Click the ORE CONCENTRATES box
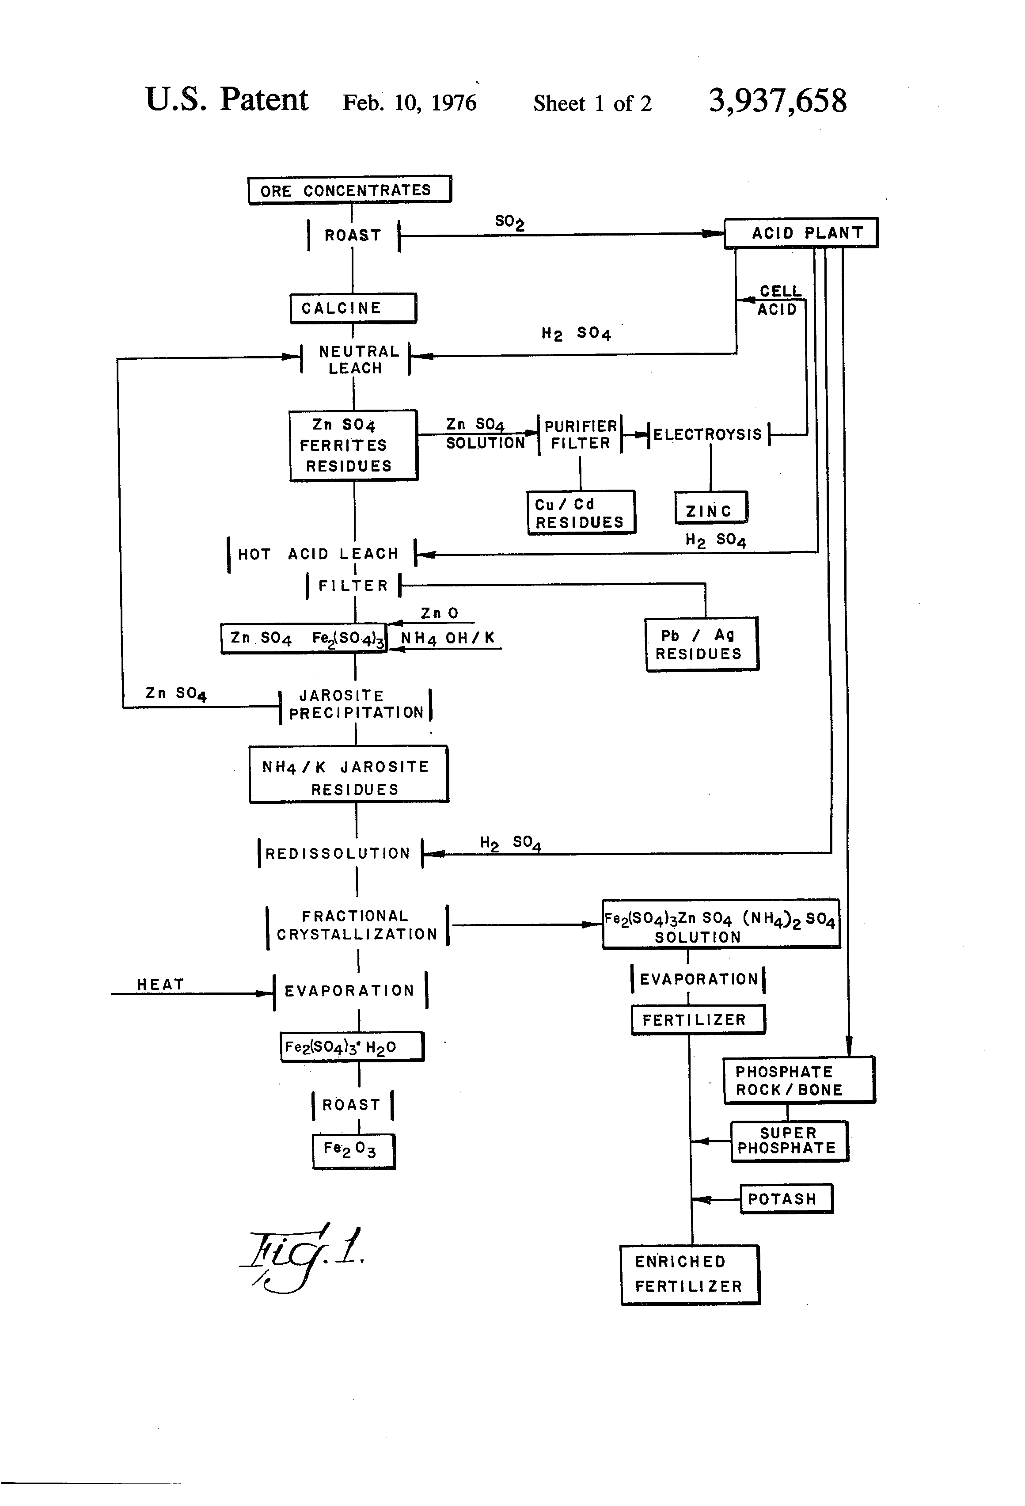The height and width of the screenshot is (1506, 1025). tap(349, 190)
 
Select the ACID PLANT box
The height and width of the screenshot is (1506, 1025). tap(801, 232)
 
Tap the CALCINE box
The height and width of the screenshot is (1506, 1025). tap(353, 308)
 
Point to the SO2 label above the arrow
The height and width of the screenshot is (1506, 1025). tap(509, 222)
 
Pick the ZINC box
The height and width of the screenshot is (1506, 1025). tap(711, 509)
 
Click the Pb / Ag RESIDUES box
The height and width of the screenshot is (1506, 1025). tap(701, 644)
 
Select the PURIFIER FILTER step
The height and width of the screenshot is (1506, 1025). tap(580, 434)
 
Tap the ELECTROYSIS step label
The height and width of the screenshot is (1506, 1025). tap(707, 434)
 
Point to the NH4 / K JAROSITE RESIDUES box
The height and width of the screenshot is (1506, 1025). tap(349, 775)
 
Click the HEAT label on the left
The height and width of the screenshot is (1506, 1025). tap(160, 985)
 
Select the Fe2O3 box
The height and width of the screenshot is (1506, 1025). tap(353, 1151)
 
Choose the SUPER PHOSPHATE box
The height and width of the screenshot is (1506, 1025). tap(789, 1141)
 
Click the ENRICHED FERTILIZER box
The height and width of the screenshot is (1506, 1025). tap(689, 1274)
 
